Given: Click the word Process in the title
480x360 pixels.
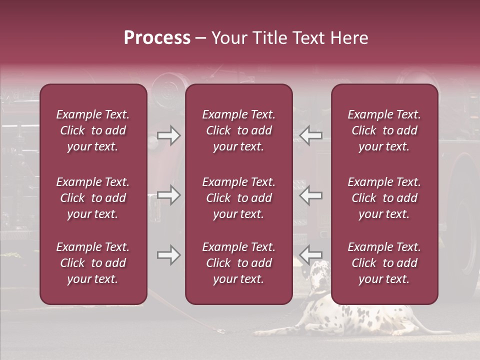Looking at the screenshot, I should (157, 37).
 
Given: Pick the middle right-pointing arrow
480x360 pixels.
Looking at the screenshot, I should (168, 195).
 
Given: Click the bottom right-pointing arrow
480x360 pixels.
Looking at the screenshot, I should (168, 255).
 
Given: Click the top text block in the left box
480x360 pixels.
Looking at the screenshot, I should (93, 130).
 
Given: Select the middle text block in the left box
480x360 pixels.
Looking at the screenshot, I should (93, 198).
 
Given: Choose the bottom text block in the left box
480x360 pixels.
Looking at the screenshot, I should (93, 263).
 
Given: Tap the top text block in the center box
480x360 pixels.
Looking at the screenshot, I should (239, 130).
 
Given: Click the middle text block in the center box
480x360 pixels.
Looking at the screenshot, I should (239, 198).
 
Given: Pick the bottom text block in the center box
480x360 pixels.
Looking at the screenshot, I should (239, 263).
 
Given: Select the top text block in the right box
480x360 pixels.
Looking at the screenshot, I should (384, 130).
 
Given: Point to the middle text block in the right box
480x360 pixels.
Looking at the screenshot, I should (384, 198).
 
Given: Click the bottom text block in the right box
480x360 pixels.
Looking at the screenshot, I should (384, 263).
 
